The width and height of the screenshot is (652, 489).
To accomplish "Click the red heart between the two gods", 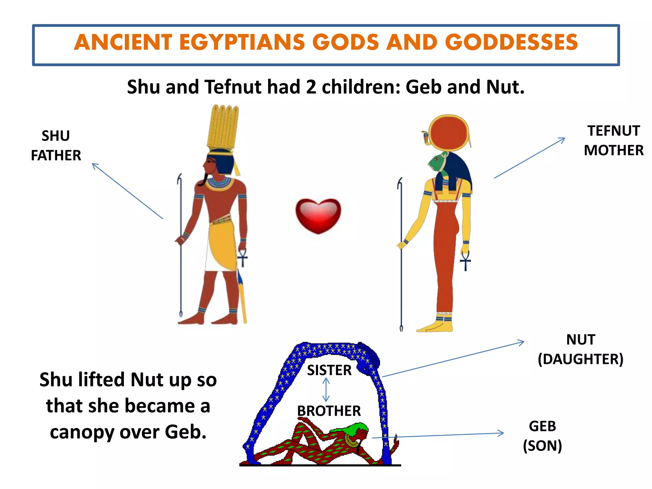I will click(318, 215).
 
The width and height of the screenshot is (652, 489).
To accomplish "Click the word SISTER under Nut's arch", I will click(329, 370).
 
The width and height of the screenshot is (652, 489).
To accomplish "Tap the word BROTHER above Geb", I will click(329, 411).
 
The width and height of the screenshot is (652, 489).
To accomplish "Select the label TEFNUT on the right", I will click(613, 131).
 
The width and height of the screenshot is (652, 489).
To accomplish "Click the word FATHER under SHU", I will click(56, 156).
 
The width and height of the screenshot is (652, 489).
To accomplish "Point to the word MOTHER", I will click(613, 150).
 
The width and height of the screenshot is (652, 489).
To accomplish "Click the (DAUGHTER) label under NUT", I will click(580, 359).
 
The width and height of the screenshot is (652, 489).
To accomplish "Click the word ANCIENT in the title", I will click(123, 42).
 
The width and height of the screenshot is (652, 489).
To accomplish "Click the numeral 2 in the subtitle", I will click(311, 87).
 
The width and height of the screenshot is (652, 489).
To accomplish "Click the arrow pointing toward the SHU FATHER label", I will click(127, 191).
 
